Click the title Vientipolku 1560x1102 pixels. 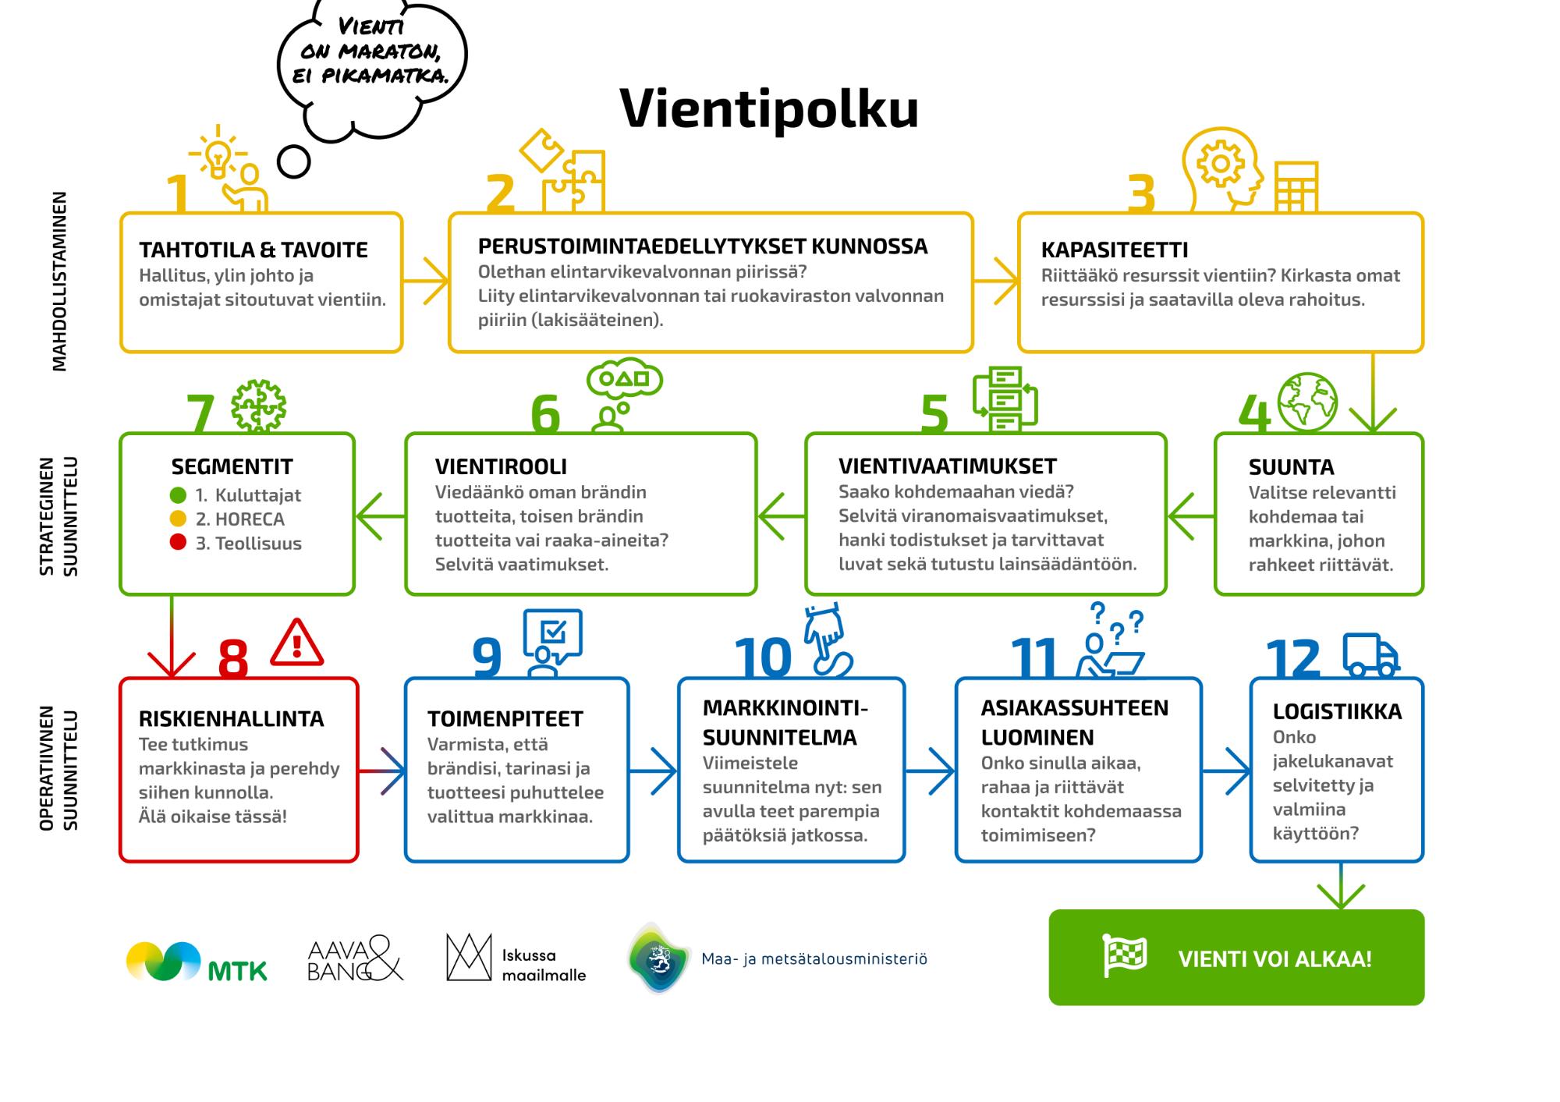(x=769, y=109)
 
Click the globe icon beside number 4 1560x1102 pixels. (x=1307, y=402)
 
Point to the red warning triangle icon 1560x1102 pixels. (x=296, y=644)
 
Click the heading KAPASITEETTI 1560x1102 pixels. (x=1115, y=250)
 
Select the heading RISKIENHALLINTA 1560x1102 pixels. (x=231, y=718)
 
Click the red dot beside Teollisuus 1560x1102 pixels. (x=178, y=543)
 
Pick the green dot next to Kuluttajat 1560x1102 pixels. (x=178, y=494)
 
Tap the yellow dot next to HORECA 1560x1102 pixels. (x=178, y=519)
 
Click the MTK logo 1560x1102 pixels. (x=197, y=962)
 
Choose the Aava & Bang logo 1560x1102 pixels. (x=355, y=958)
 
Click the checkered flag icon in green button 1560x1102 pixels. (x=1124, y=955)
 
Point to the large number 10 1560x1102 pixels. (x=763, y=657)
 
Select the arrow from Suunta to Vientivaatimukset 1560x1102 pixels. (x=1190, y=516)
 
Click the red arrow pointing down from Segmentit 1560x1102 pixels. (x=172, y=636)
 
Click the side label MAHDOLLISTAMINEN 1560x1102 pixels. (x=59, y=282)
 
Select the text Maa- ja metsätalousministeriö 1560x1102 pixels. (x=814, y=958)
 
